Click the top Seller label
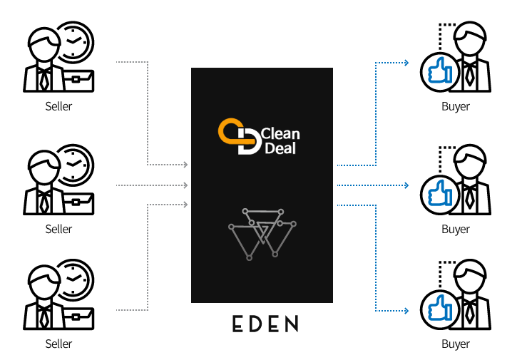pos(58,107)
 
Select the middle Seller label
pos(58,229)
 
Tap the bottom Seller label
pos(58,344)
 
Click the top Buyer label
pos(456,107)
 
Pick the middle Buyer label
pos(456,229)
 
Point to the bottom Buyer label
pos(456,344)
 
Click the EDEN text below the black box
pos(265,324)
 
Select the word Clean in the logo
pos(280,133)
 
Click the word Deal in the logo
pos(278,148)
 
